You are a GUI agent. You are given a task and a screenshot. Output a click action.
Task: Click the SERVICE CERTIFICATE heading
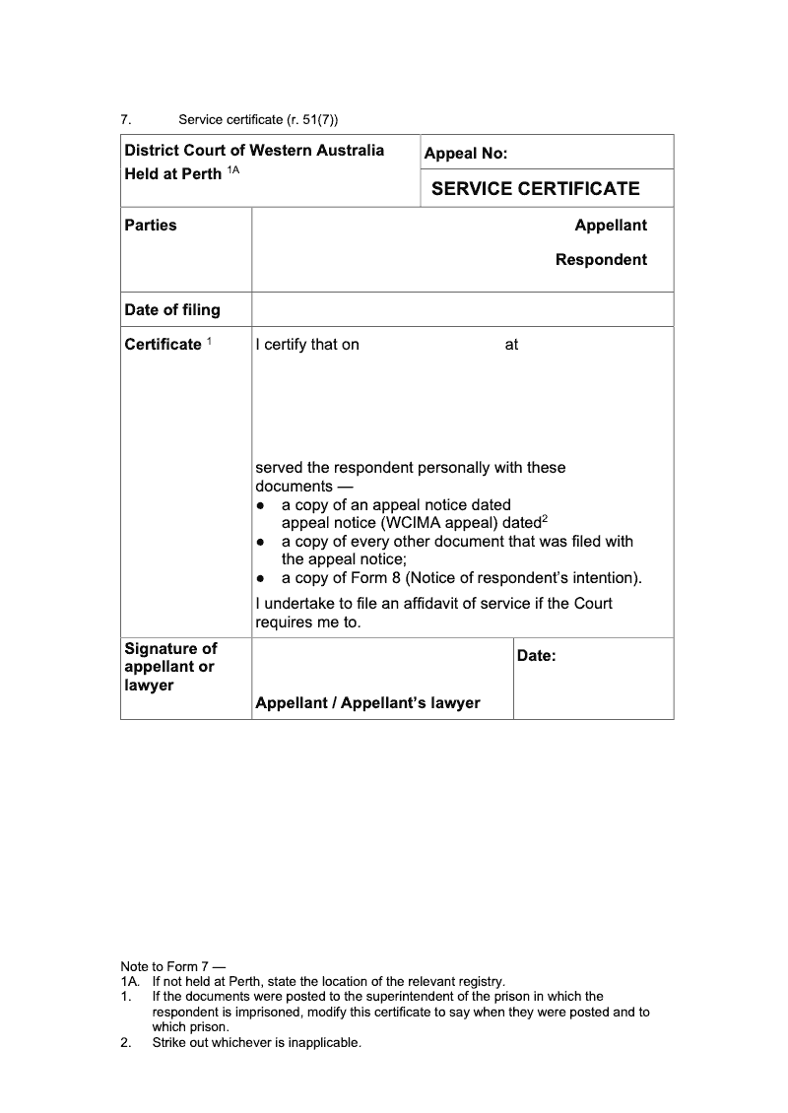pyautogui.click(x=535, y=188)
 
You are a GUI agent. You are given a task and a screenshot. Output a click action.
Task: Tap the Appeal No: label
pyautogui.click(x=465, y=154)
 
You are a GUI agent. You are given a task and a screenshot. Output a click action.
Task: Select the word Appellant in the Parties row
pyautogui.click(x=611, y=226)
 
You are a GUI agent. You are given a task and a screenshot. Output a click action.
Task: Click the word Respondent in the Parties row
pyautogui.click(x=601, y=260)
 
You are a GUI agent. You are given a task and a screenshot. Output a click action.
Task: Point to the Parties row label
pyautogui.click(x=151, y=226)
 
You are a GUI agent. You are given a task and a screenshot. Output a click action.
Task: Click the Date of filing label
pyautogui.click(x=172, y=310)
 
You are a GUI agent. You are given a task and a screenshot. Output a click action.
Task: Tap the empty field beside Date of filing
pyautogui.click(x=462, y=309)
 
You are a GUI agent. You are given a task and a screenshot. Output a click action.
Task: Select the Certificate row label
pyautogui.click(x=163, y=345)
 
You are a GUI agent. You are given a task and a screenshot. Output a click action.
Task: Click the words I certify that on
pyautogui.click(x=307, y=345)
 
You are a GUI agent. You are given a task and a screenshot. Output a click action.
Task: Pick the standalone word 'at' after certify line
pyautogui.click(x=511, y=345)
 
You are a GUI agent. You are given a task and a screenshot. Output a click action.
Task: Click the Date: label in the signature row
pyautogui.click(x=536, y=656)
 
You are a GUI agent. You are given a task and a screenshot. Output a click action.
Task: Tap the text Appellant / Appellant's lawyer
pyautogui.click(x=367, y=703)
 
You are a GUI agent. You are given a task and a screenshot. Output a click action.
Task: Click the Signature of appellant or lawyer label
pyautogui.click(x=170, y=667)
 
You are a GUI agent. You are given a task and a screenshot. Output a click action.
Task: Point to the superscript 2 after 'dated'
pyautogui.click(x=545, y=519)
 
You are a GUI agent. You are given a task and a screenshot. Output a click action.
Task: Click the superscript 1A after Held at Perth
pyautogui.click(x=233, y=171)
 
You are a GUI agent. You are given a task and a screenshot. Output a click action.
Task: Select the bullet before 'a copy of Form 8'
pyautogui.click(x=261, y=578)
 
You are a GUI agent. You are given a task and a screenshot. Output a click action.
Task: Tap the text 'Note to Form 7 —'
pyautogui.click(x=172, y=968)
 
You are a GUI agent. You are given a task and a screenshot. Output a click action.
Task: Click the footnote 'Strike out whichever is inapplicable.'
pyautogui.click(x=256, y=1043)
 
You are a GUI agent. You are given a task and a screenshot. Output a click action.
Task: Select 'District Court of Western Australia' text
pyautogui.click(x=254, y=151)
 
